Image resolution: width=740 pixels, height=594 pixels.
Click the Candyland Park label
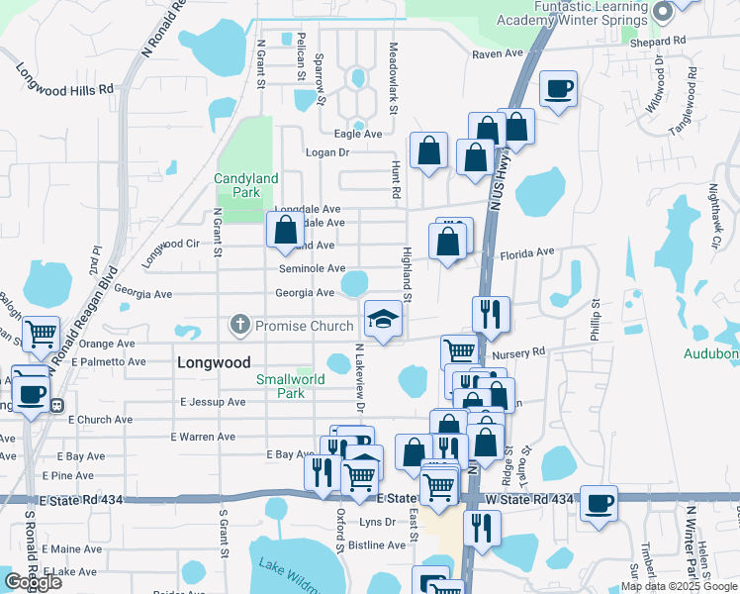click(247, 185)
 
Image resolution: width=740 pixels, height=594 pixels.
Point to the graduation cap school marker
click(383, 318)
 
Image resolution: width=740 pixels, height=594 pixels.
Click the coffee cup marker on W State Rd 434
click(599, 503)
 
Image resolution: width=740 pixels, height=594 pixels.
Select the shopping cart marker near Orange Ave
click(41, 335)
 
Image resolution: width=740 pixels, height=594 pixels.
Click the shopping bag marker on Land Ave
click(285, 229)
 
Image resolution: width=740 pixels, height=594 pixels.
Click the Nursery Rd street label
click(524, 351)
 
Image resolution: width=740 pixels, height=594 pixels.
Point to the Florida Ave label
click(526, 252)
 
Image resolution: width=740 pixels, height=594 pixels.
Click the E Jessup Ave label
click(213, 402)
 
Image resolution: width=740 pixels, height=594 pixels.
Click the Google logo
click(33, 582)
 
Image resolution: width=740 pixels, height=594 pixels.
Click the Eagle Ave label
click(357, 134)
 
